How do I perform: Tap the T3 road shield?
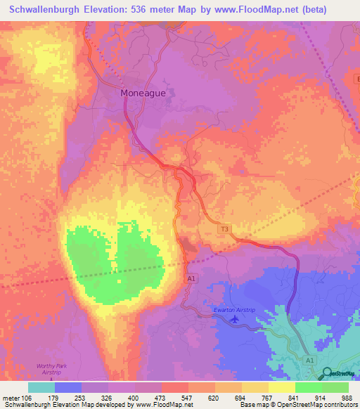[x=225, y=229]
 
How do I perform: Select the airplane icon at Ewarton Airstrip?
[x=235, y=320]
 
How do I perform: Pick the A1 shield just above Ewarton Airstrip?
[x=191, y=279]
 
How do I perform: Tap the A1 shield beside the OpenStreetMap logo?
[x=310, y=360]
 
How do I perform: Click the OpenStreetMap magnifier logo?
[x=326, y=373]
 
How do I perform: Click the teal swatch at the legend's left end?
[x=41, y=387]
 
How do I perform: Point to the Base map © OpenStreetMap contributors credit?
[x=298, y=405]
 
